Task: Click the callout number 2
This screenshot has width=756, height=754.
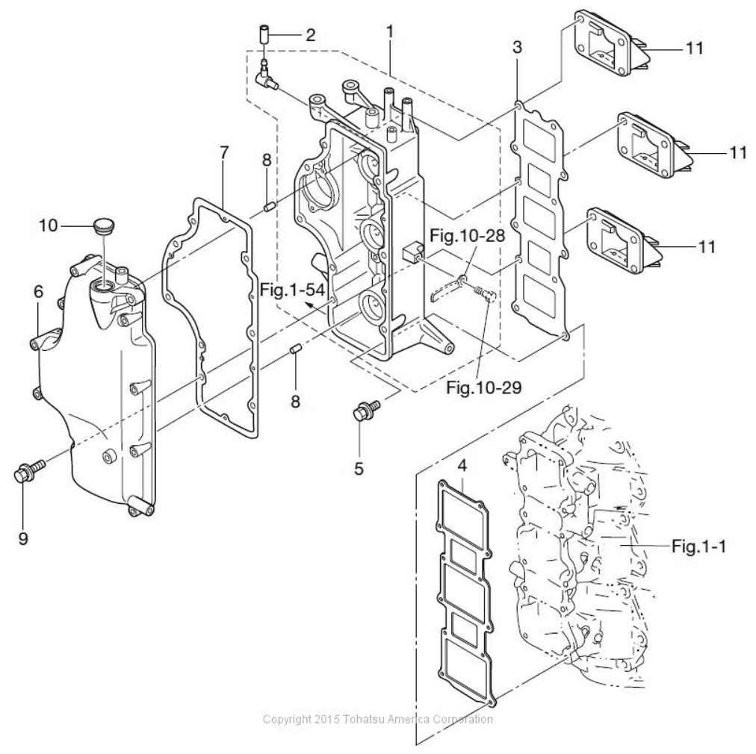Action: click(x=310, y=34)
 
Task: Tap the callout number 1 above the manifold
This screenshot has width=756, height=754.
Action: click(x=389, y=32)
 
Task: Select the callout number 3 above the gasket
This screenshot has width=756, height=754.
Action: click(x=517, y=47)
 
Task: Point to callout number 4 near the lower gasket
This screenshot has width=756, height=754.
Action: click(x=462, y=466)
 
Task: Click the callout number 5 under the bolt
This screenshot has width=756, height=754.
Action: click(x=359, y=468)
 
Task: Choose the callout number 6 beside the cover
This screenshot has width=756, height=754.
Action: click(x=38, y=291)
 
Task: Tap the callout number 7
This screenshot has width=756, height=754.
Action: click(x=223, y=153)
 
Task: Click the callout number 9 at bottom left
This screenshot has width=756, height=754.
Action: click(x=23, y=538)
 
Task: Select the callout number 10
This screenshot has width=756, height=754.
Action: click(x=49, y=225)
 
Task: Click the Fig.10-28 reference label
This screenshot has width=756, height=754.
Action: click(x=467, y=236)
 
